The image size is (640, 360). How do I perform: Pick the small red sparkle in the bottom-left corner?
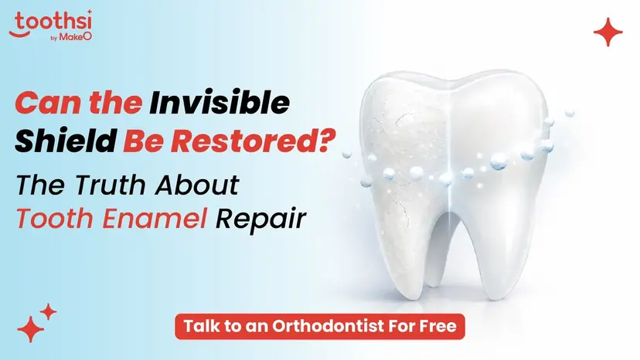coord(48,311)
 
